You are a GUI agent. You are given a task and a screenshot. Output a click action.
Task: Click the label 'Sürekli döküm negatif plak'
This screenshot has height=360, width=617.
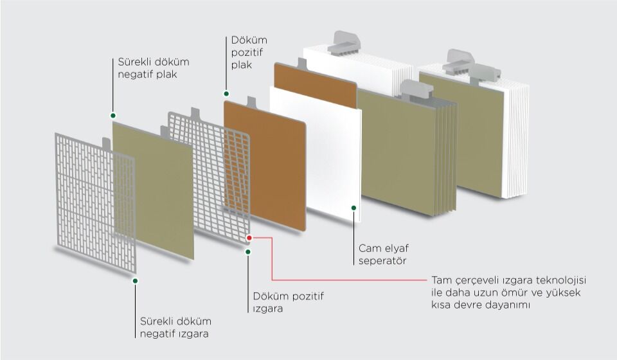point(154,68)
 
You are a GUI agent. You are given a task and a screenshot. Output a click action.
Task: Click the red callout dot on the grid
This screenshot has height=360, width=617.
point(249,238)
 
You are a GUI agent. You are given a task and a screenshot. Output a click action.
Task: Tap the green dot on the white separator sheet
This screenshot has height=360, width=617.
point(353,207)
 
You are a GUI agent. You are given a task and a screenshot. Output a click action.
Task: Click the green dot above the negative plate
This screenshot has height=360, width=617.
point(113,116)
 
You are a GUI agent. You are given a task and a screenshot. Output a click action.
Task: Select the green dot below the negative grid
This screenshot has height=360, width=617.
point(135,281)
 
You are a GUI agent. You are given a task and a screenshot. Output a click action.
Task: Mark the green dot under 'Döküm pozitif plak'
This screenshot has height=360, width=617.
point(226,94)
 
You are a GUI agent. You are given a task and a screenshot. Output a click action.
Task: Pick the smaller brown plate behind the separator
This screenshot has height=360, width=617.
point(315,84)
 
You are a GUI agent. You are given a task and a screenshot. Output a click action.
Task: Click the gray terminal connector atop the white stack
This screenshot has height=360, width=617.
point(344,43)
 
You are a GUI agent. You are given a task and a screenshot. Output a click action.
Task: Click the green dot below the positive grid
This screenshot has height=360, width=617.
point(248,251)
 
